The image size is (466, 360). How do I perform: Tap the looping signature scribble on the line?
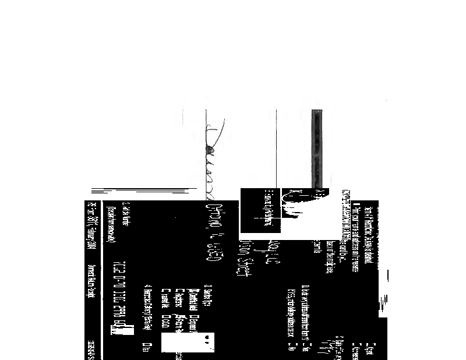coord(209,157)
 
